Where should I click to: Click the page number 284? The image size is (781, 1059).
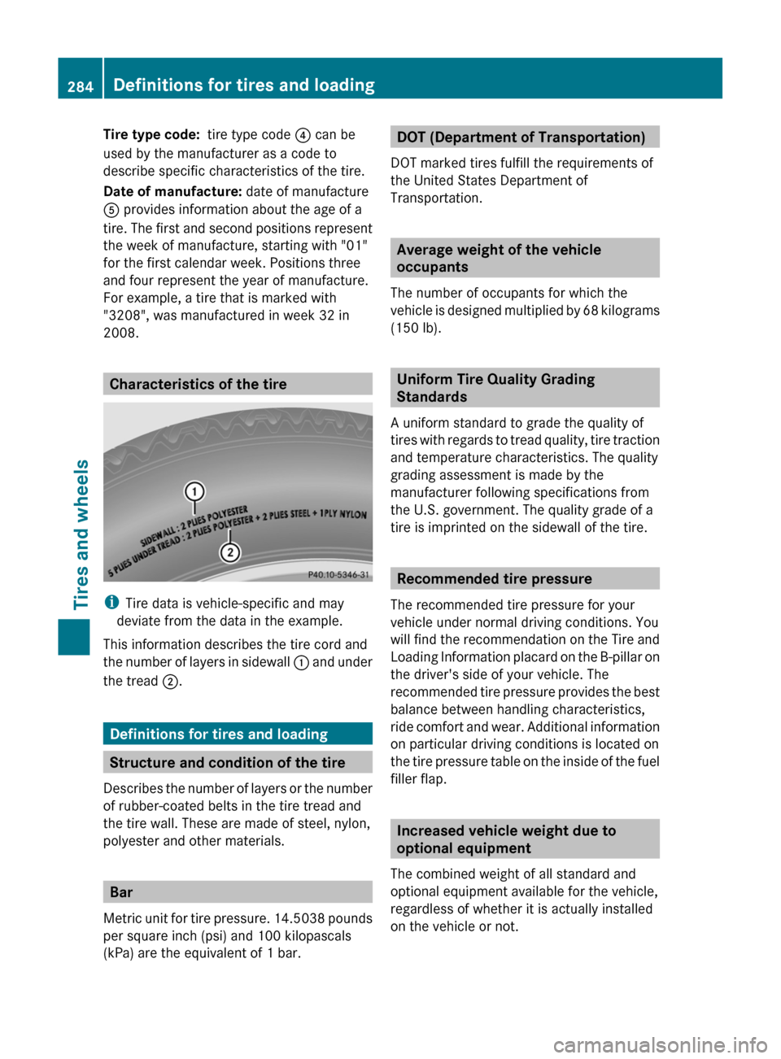(80, 86)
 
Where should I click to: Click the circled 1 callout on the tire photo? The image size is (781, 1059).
(194, 491)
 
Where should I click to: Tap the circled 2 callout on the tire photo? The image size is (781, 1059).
(230, 552)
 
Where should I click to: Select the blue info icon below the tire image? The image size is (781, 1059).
(111, 603)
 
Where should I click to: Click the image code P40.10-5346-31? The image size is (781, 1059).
(338, 574)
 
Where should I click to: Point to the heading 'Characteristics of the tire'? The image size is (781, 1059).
(198, 384)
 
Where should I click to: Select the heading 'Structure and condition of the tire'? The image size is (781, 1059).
(227, 762)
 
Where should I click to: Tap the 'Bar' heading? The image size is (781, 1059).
(121, 891)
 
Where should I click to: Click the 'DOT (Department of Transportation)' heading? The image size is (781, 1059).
(521, 137)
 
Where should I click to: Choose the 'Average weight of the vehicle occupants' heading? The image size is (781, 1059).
(499, 258)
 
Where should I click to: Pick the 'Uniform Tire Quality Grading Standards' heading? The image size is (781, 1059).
(495, 388)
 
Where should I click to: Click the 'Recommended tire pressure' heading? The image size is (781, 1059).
(495, 578)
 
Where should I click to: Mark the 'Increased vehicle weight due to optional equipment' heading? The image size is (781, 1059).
(506, 839)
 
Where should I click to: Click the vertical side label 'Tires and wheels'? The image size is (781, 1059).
(81, 534)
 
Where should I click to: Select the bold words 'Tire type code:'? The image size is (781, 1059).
(151, 134)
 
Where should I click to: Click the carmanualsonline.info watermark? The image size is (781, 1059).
(660, 1044)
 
